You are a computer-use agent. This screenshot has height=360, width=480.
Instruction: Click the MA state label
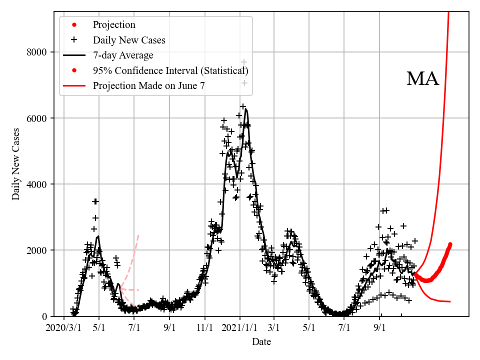422,79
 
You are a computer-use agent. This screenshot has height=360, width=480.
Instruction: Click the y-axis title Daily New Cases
16,164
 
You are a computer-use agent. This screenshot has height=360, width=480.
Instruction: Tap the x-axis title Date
261,342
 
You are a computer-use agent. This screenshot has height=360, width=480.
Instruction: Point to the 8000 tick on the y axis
37,52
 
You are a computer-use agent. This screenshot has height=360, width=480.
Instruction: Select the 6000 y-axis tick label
37,118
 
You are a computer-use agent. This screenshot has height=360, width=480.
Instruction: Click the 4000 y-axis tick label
37,184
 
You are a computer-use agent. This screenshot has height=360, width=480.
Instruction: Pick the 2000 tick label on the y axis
37,250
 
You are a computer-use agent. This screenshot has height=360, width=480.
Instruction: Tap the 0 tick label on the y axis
44,316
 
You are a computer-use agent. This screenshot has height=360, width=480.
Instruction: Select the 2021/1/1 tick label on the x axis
239,328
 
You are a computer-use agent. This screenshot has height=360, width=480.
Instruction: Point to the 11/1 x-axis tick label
205,328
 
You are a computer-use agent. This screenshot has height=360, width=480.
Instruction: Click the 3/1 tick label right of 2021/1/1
274,328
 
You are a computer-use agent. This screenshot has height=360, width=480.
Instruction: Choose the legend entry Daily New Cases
129,40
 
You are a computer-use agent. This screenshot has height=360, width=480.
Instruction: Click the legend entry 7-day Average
123,55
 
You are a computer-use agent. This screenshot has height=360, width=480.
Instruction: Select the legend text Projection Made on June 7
148,85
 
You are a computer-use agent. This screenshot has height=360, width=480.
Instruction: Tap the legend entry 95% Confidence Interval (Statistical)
170,70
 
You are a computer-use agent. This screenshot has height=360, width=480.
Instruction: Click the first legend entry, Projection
114,25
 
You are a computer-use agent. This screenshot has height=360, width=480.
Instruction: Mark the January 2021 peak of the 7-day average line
246,109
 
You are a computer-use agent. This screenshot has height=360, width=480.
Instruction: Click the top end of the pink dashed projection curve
138,235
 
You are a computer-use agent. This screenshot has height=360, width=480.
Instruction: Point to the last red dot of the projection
450,244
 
